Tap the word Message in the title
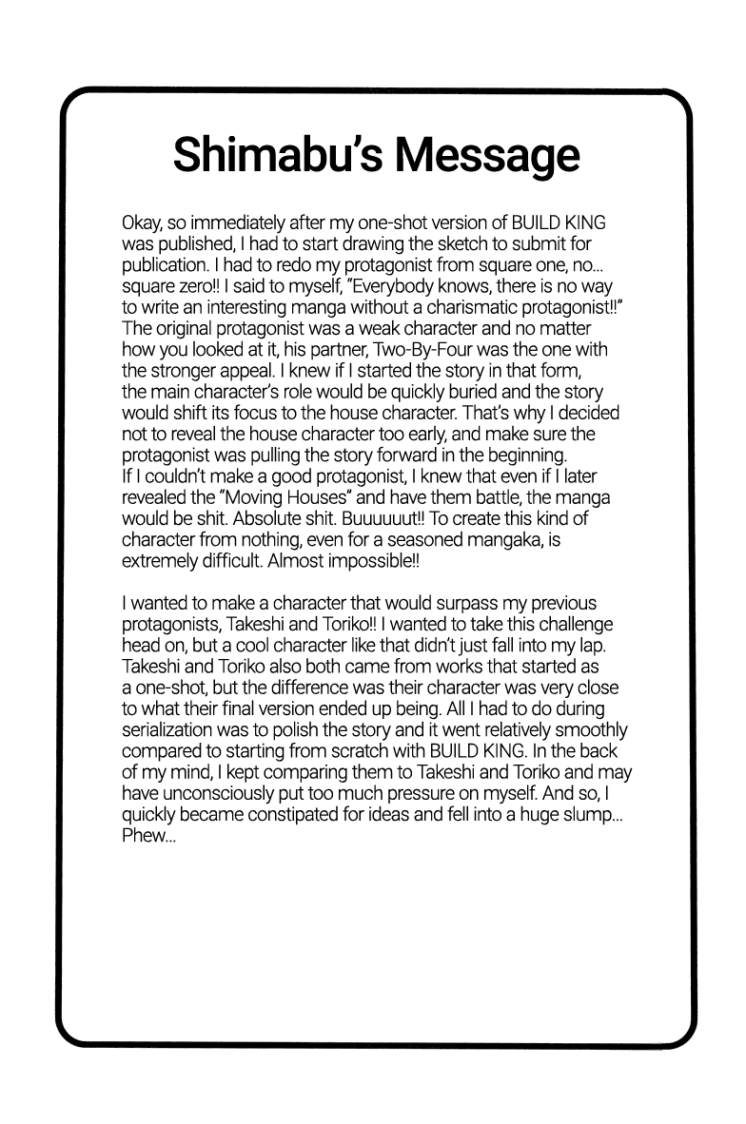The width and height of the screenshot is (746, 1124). coord(488,154)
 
